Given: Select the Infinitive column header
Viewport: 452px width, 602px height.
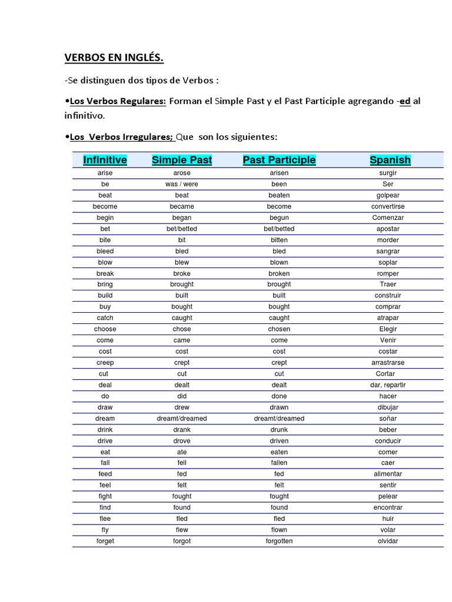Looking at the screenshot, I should [x=105, y=160].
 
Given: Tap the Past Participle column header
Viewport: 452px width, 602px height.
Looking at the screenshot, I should [x=279, y=160].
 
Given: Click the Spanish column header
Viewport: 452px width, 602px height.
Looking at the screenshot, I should [x=390, y=160].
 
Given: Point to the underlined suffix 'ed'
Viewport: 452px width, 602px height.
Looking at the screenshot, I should [x=405, y=101].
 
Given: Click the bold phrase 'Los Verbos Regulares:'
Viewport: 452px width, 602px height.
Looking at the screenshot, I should [x=117, y=101].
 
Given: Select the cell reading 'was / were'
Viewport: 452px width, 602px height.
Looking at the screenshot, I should [x=182, y=184].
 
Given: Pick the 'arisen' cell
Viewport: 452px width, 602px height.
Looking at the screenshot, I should [x=279, y=173].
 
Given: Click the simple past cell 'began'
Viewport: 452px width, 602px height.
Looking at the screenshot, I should [x=182, y=218].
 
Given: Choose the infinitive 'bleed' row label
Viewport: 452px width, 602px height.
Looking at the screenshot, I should [x=105, y=251].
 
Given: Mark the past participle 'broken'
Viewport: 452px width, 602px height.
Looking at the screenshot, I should [x=279, y=273].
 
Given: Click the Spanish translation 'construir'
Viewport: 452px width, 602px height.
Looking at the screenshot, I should [x=388, y=295].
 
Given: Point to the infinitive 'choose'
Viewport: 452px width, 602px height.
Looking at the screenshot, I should [x=105, y=329].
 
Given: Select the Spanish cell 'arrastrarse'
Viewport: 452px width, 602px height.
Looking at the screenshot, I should [x=388, y=363].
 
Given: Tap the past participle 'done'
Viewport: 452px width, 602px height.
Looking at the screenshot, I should [x=279, y=396].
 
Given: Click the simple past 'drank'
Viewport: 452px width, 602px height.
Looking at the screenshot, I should [x=182, y=430].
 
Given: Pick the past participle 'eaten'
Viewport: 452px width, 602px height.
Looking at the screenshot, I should [x=279, y=452].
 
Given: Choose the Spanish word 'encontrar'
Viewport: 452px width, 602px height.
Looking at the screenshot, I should [x=388, y=507].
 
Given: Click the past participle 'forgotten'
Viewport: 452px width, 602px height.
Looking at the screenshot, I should [x=279, y=541].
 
